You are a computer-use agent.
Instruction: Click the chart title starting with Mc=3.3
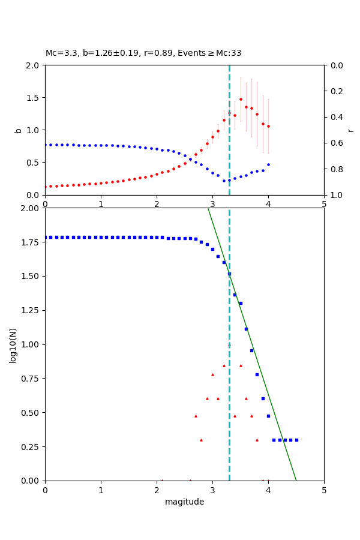[x=143, y=53]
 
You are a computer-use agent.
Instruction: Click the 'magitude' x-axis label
[x=184, y=502]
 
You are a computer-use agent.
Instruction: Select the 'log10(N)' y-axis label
[x=13, y=344]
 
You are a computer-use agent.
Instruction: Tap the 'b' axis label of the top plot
[x=18, y=130]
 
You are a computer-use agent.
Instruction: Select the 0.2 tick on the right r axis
[x=335, y=91]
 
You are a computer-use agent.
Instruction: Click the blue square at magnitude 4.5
[x=296, y=440]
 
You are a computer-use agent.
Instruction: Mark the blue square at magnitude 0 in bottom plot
[x=45, y=237]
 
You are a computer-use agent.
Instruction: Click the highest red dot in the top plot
[x=241, y=100]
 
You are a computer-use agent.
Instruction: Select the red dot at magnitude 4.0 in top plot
[x=268, y=126]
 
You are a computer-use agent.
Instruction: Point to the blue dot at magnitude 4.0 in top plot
[x=268, y=164]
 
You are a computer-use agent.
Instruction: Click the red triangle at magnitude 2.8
[x=201, y=440]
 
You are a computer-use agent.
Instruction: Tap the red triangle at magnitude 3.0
[x=212, y=374]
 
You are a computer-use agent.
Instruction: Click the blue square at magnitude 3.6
[x=246, y=329]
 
